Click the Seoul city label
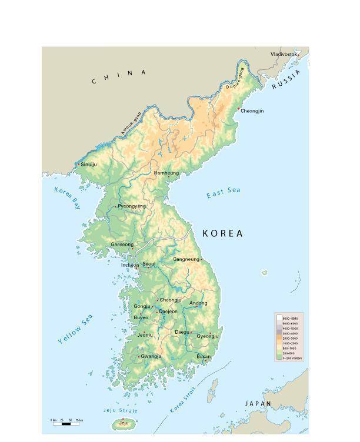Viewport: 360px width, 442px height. point(149,264)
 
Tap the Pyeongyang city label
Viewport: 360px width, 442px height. point(132,206)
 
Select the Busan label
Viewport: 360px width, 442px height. point(203,357)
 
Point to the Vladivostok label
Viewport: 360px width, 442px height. point(284,54)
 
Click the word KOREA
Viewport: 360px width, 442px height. point(222,233)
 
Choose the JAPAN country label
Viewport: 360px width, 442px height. point(258,404)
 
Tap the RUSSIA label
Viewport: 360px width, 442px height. point(286,80)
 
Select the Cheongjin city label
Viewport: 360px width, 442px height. point(252,110)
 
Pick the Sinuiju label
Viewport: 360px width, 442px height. point(88,165)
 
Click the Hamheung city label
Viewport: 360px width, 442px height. point(166,173)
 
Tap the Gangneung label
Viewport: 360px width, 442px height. point(186,259)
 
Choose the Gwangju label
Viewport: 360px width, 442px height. point(151,357)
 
